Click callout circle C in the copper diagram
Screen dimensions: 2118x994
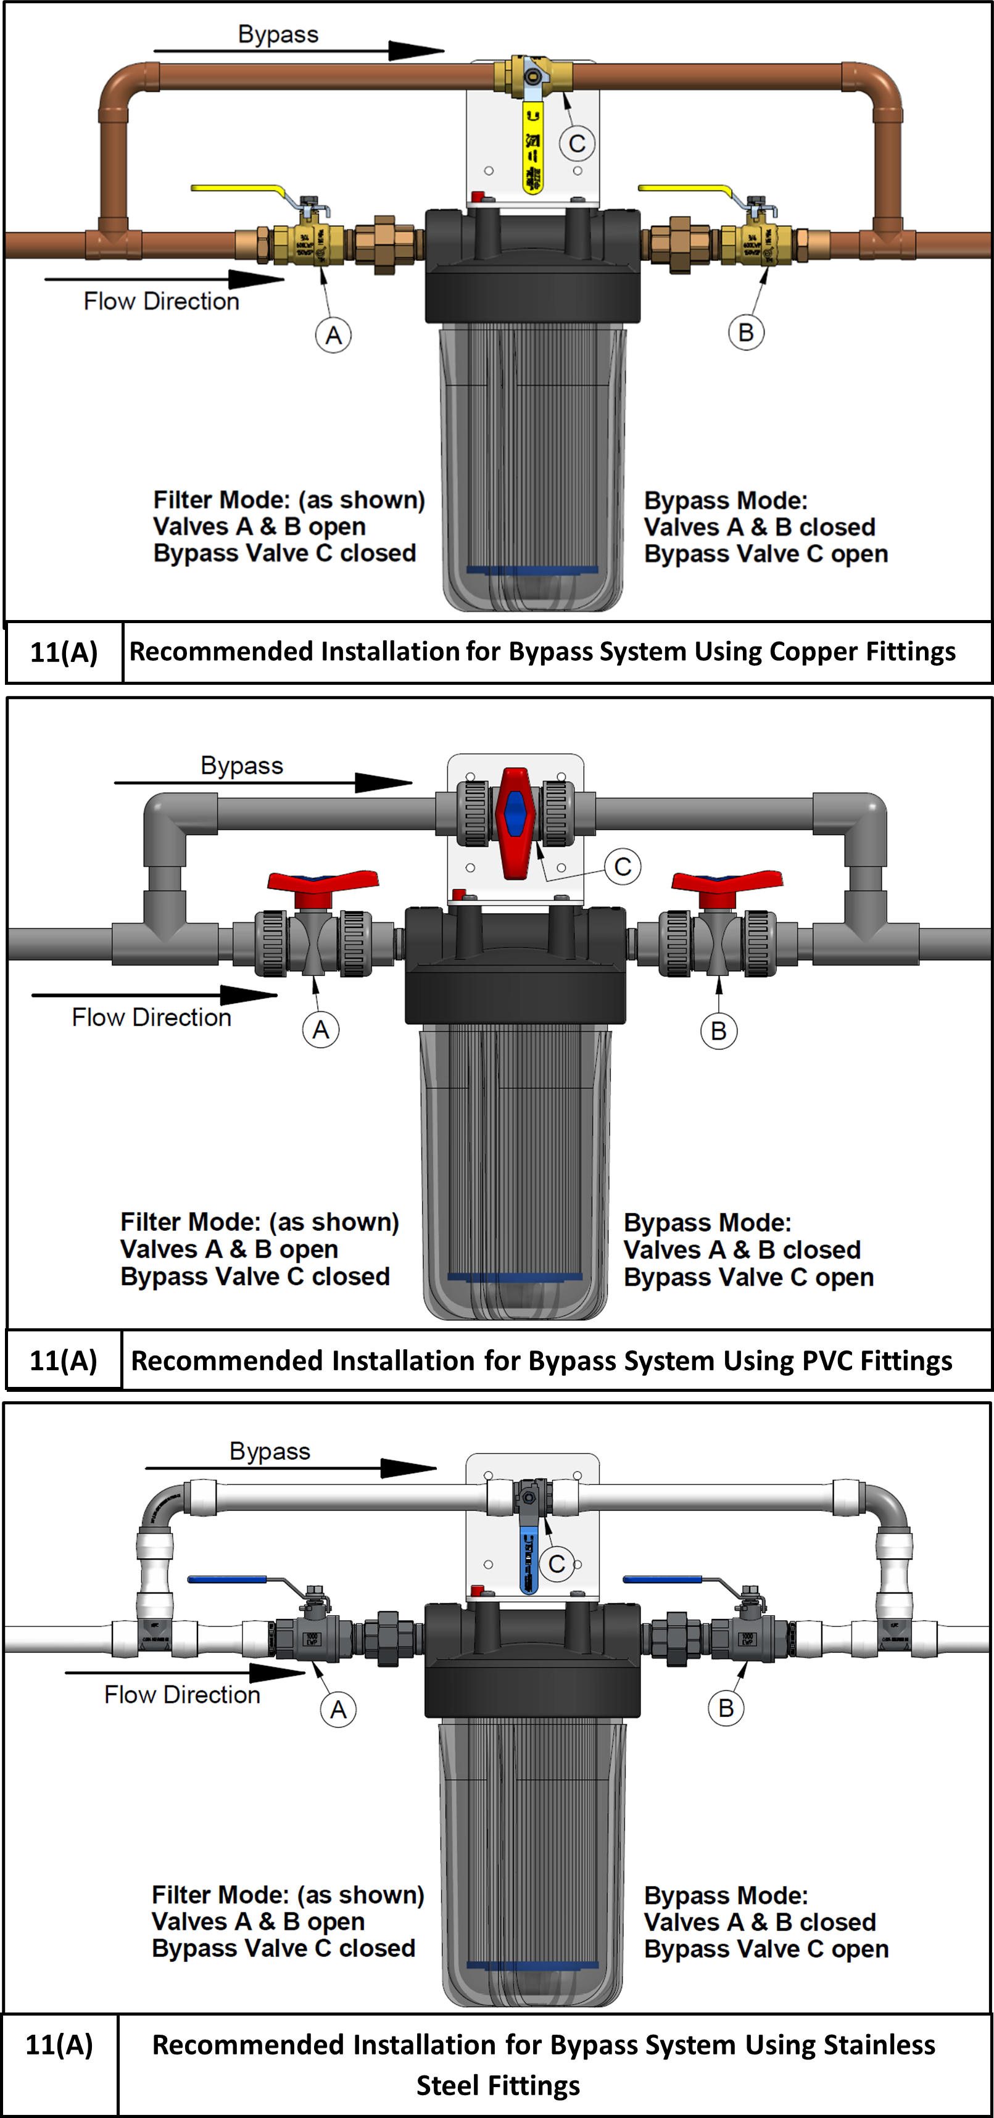point(577,144)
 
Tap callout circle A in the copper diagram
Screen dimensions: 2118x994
point(333,336)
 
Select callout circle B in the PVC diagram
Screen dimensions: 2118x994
point(719,1031)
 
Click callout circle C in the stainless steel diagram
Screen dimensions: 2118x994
point(557,1564)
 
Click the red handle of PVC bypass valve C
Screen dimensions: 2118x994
point(515,822)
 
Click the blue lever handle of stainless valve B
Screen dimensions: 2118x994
point(663,1579)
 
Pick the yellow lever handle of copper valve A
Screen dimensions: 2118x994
point(238,188)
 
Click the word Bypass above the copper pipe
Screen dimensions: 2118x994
point(278,35)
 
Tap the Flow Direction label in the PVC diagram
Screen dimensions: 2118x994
point(151,1018)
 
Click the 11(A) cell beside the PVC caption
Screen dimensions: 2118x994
point(64,1361)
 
